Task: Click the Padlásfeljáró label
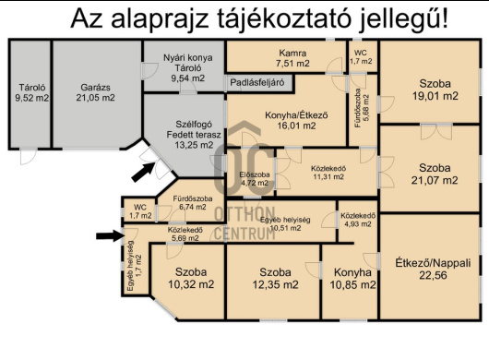(260, 83)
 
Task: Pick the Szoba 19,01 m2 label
(434, 89)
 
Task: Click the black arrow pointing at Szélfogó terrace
(143, 171)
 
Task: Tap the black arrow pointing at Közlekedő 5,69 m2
(109, 235)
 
